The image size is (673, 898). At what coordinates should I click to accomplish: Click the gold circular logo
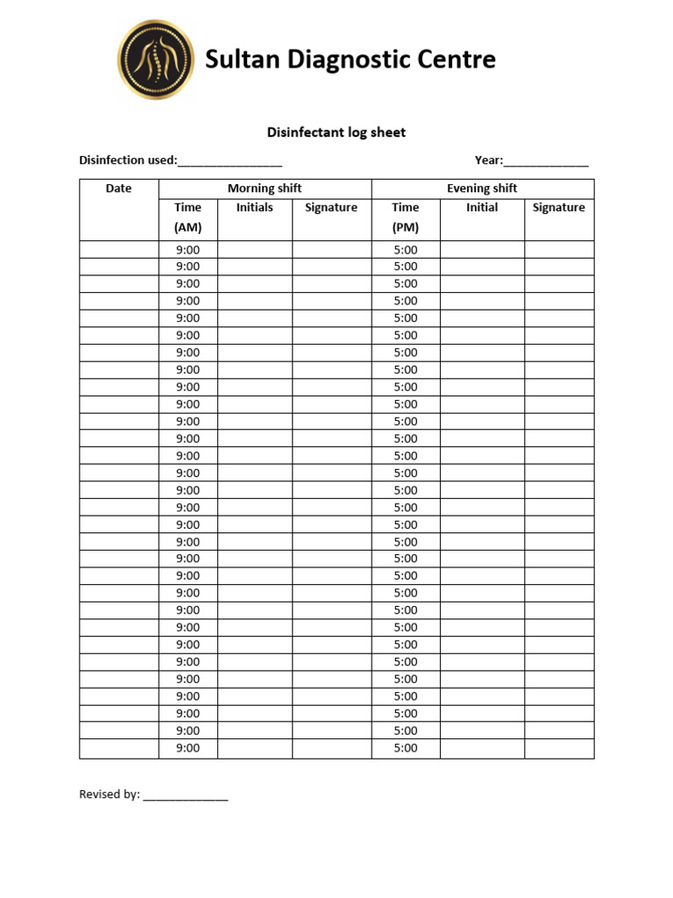click(x=156, y=60)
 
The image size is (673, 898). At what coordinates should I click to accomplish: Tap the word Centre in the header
click(x=457, y=60)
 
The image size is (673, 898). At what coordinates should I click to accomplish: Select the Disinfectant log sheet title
click(x=336, y=132)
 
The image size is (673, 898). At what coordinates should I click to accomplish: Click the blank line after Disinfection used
click(x=230, y=162)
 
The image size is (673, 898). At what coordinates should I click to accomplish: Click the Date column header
click(x=118, y=189)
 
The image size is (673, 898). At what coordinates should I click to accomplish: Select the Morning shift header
click(x=265, y=189)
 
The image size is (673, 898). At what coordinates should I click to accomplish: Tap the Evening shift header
click(x=482, y=189)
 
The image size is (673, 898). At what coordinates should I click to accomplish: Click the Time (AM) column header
click(x=188, y=217)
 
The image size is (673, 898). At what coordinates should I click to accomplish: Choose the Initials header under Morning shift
click(x=254, y=208)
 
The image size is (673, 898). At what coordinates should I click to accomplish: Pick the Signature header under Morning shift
click(x=331, y=208)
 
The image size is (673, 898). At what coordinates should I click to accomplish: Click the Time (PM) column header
click(x=406, y=217)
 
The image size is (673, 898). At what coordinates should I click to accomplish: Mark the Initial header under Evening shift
click(x=482, y=208)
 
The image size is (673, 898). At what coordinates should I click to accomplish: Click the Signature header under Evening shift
click(x=559, y=208)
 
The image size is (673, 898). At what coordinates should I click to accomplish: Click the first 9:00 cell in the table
click(x=188, y=250)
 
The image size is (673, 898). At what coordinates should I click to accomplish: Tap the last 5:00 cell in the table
click(x=406, y=748)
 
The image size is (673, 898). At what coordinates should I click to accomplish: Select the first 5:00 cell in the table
click(x=406, y=250)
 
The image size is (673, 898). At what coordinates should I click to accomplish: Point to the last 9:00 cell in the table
click(x=188, y=748)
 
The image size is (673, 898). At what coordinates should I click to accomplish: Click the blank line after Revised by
click(x=186, y=796)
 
